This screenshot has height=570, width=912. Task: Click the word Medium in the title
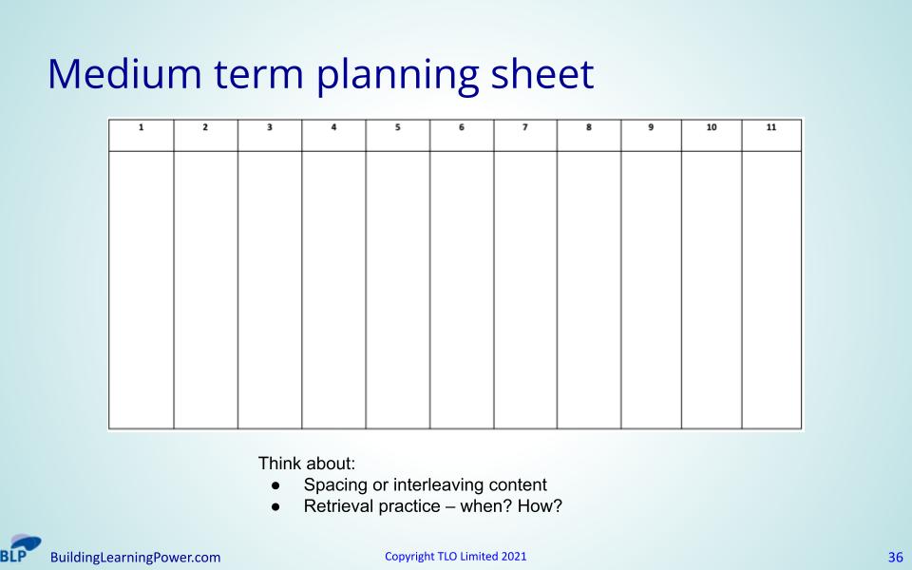124,74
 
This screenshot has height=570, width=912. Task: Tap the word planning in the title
397,77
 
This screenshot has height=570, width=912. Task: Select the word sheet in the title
542,74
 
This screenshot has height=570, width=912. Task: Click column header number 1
141,127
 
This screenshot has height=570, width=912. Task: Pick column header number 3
269,127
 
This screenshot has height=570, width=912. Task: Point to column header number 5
398,127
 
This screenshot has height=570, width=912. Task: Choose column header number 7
524,127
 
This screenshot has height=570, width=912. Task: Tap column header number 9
651,127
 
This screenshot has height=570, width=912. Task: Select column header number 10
712,127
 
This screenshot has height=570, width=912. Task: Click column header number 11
771,127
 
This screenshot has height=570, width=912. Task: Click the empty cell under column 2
206,290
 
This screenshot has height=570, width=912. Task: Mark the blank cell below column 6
462,290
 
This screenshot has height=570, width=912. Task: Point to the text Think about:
307,464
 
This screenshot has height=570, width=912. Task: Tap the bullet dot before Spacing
275,485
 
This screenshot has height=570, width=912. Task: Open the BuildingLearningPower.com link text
136,558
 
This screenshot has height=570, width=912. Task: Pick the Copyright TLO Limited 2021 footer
455,556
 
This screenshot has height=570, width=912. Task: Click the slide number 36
896,558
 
